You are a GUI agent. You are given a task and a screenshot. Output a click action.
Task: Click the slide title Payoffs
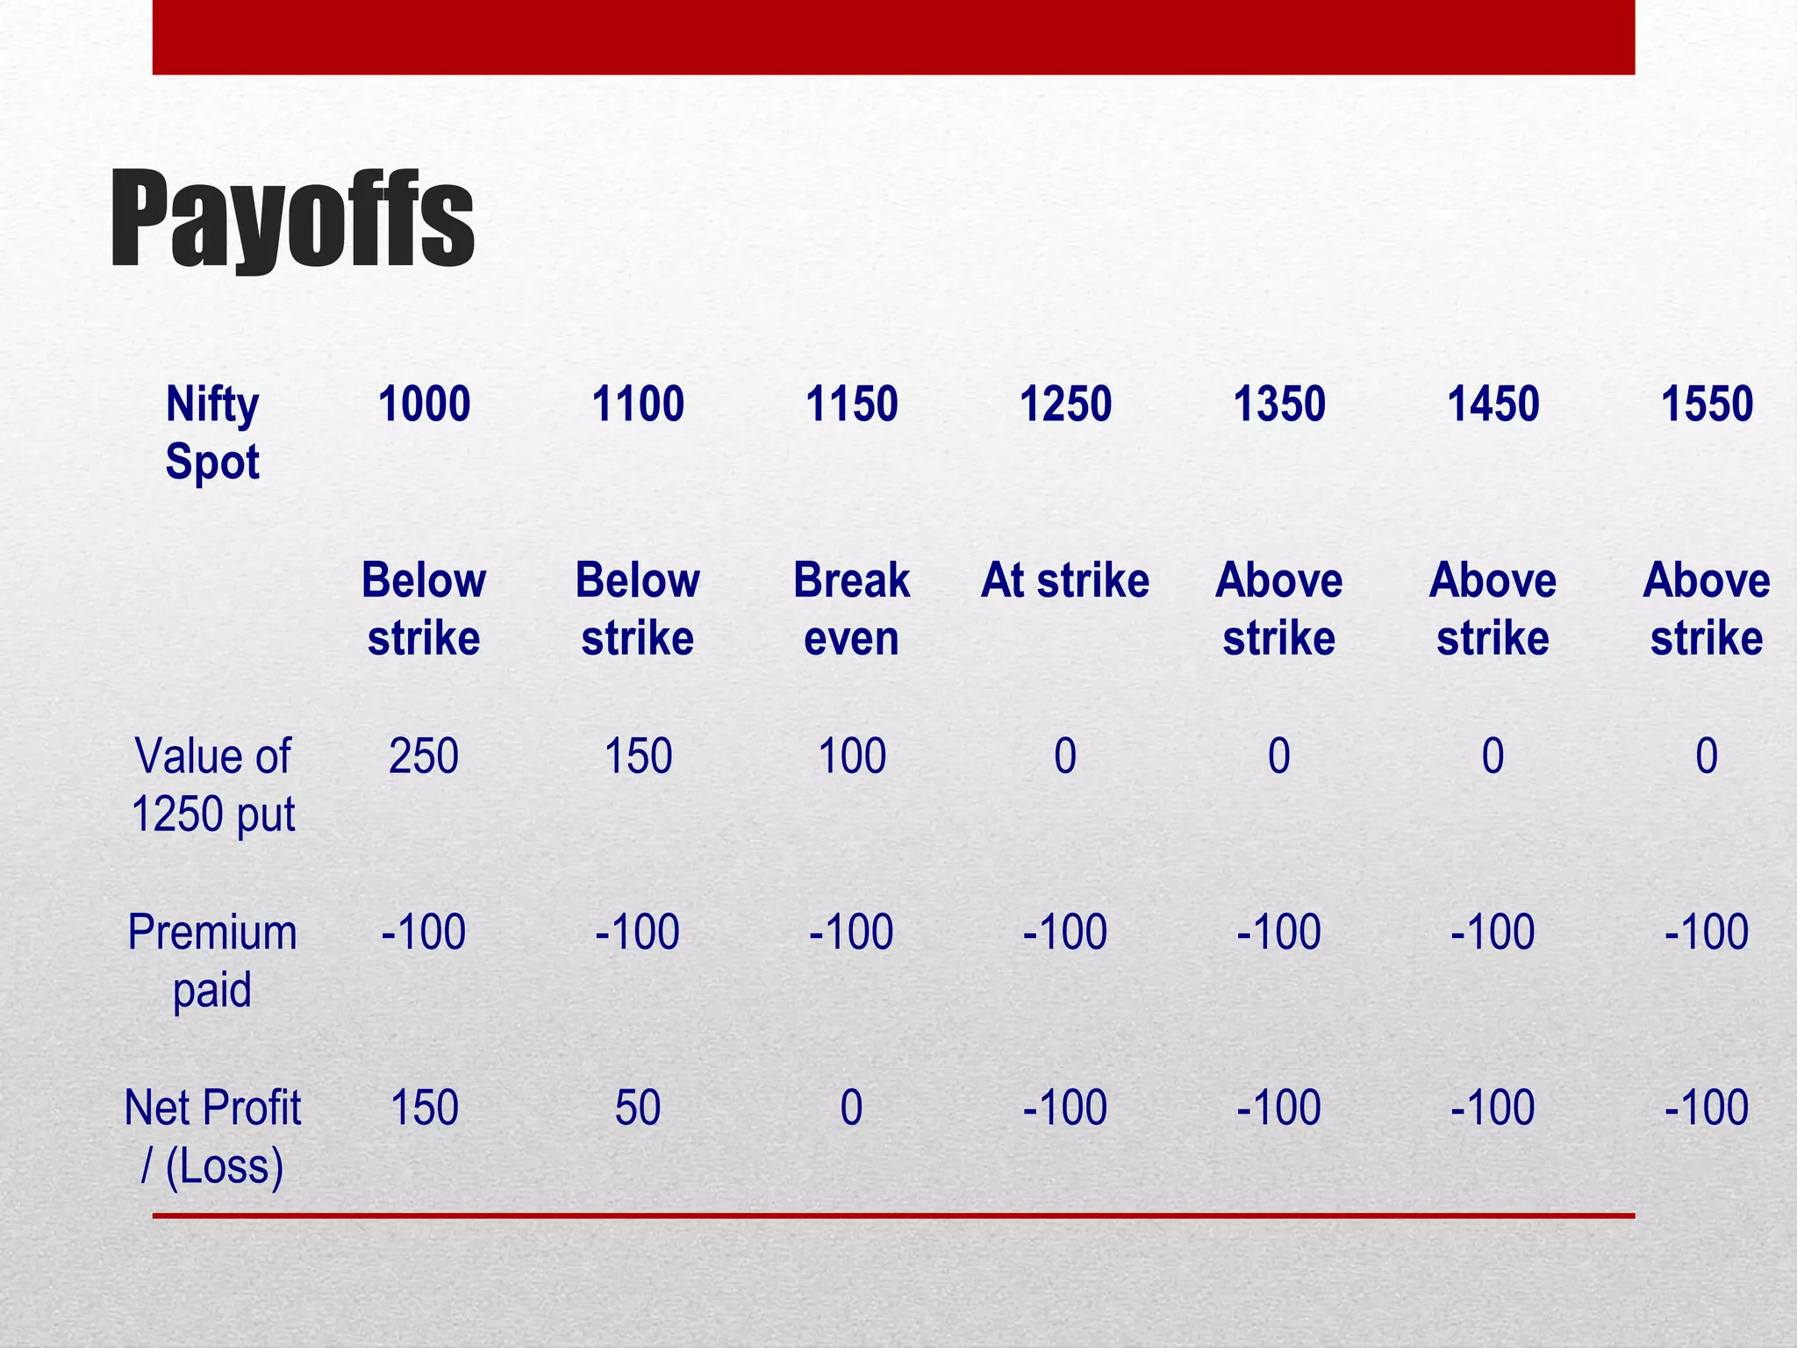tap(291, 219)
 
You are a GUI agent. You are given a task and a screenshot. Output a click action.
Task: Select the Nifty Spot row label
tap(212, 433)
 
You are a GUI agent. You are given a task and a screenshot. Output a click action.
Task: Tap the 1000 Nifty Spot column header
tap(424, 405)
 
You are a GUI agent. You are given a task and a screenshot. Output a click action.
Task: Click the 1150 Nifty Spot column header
tap(851, 405)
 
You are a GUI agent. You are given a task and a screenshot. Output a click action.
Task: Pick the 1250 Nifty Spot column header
tap(1065, 405)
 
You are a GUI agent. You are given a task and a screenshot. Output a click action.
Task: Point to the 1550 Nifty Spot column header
tap(1707, 405)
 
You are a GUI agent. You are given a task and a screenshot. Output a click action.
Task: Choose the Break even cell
tap(851, 609)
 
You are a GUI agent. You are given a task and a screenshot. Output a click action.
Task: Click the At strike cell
tap(1065, 581)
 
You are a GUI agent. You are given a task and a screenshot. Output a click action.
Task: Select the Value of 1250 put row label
tap(212, 785)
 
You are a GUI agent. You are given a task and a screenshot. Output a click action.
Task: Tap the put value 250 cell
tap(424, 756)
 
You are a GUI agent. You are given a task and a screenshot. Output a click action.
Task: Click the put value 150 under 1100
tap(638, 756)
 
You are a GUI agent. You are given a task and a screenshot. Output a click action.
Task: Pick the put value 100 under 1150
tap(851, 756)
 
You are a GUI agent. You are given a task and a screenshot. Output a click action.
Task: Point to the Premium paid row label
tap(212, 960)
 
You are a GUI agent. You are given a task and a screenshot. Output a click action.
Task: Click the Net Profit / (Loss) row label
tap(212, 1136)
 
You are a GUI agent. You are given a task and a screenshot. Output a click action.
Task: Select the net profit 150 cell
tap(424, 1108)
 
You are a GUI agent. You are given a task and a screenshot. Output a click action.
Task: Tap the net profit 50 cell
tap(638, 1108)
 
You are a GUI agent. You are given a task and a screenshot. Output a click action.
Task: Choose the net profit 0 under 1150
tap(851, 1108)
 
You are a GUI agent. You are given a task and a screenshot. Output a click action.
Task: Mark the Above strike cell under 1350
tap(1279, 609)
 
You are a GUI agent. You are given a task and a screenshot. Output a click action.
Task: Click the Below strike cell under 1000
tap(424, 609)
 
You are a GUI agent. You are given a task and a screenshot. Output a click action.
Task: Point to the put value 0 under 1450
tap(1493, 756)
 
